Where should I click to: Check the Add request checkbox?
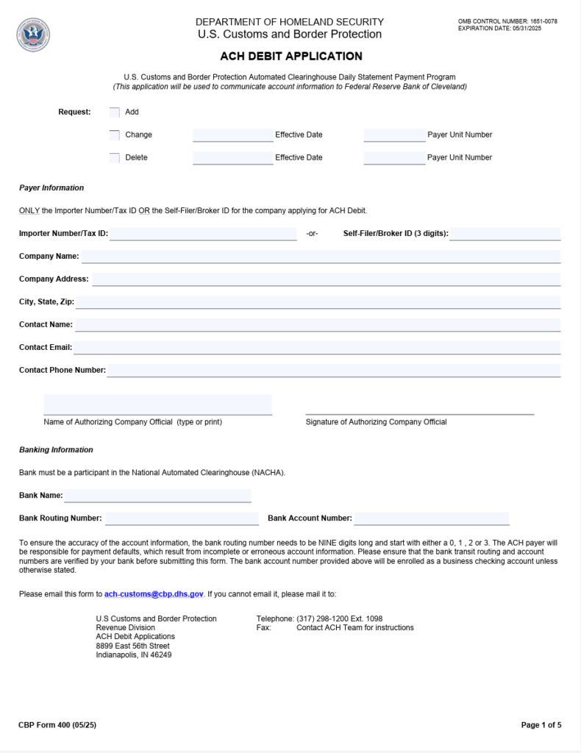coord(114,113)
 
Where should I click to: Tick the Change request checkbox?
coord(114,135)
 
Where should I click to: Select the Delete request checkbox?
coord(114,158)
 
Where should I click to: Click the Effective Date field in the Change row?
coord(232,135)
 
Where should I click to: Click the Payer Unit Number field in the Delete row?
coord(394,157)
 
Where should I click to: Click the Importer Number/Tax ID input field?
coord(203,234)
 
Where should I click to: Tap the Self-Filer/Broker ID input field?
coord(505,234)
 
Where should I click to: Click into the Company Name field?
coord(321,257)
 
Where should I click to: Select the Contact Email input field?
coord(316,348)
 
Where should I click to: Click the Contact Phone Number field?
coord(334,371)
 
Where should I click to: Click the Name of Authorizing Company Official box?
coord(157,404)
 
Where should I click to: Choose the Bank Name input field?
coord(157,496)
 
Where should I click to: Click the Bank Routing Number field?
coord(182,518)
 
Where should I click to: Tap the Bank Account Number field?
coord(431,518)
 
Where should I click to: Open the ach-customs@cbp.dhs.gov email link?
coord(154,594)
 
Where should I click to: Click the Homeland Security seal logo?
coord(33,35)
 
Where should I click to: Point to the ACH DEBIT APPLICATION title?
coord(290,57)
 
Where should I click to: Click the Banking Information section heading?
coord(56,450)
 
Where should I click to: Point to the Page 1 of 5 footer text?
coord(541,726)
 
